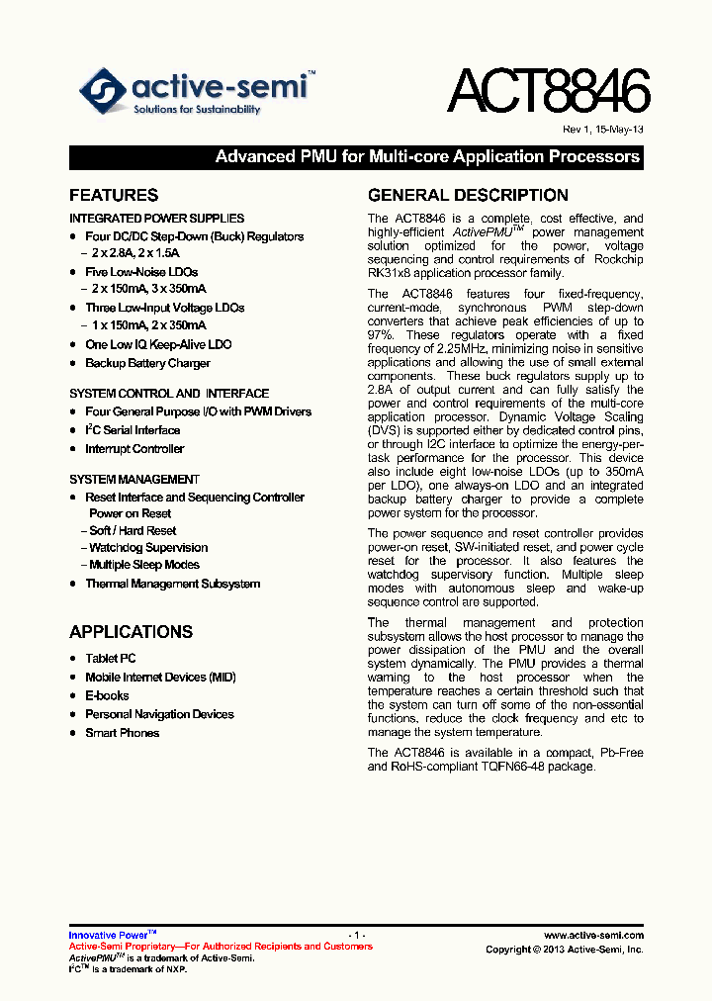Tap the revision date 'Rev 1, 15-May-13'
603,131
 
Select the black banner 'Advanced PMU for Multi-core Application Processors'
356,157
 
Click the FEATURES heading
114,196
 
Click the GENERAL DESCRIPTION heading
468,196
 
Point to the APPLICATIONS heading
131,632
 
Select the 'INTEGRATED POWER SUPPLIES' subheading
156,219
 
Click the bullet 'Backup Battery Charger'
147,364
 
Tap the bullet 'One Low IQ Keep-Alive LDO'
158,345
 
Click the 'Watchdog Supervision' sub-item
148,548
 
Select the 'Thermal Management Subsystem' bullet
172,585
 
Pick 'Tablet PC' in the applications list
111,659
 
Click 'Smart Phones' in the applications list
122,733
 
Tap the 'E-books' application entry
107,696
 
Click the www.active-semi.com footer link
593,935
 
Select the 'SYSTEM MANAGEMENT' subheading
133,480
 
